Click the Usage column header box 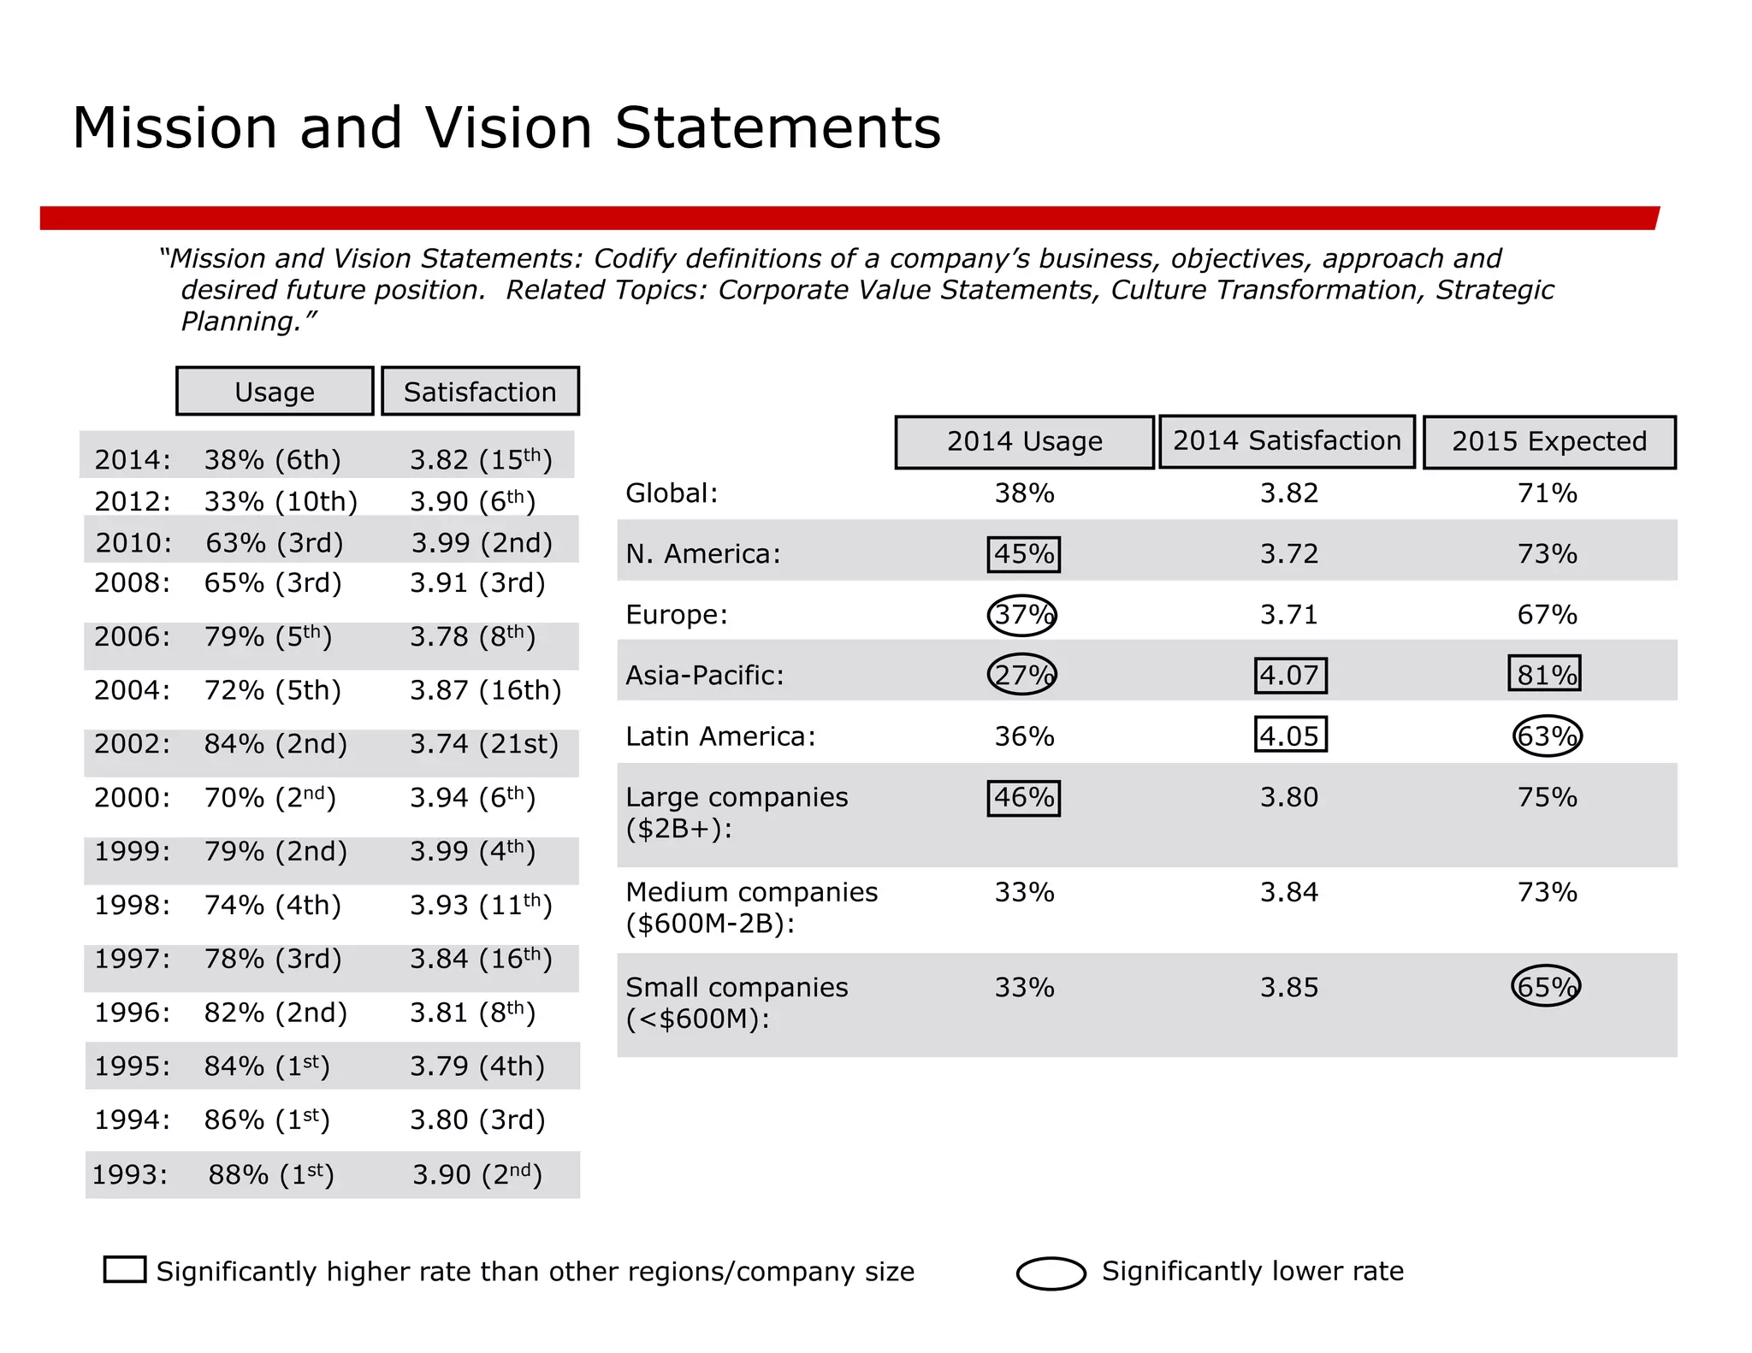tap(275, 392)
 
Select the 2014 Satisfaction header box tap(1287, 441)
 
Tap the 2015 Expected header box tap(1548, 442)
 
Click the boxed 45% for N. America tap(1023, 554)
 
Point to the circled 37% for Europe tap(1022, 615)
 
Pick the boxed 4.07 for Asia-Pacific tap(1290, 676)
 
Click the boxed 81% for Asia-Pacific tap(1544, 674)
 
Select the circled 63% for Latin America tap(1547, 736)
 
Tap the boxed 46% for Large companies tap(1023, 798)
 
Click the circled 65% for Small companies tap(1545, 987)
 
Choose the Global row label tap(672, 493)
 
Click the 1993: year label tap(130, 1175)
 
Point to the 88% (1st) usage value tap(270, 1175)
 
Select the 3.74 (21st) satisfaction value tap(483, 744)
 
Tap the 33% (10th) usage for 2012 tap(281, 501)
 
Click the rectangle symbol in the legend tap(125, 1269)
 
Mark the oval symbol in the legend tap(1051, 1273)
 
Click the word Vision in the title tap(508, 128)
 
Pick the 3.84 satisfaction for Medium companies tap(1288, 893)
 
